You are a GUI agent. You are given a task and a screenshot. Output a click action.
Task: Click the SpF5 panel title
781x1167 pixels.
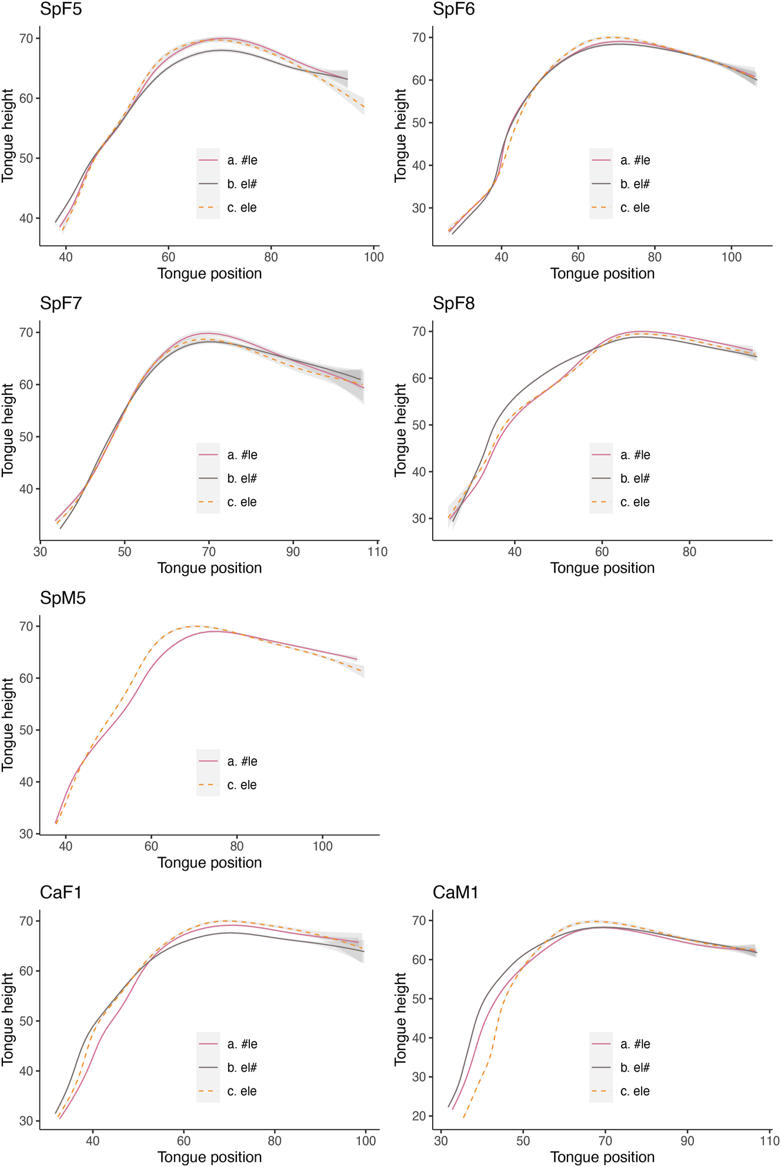[61, 9]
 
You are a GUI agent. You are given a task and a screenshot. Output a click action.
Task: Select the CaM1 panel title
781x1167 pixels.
[455, 892]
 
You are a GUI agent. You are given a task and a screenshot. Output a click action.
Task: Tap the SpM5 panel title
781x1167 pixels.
[62, 598]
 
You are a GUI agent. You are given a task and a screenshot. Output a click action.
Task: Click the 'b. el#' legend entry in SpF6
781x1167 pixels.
[635, 184]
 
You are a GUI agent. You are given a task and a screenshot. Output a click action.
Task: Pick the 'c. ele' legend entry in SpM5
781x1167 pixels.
[242, 785]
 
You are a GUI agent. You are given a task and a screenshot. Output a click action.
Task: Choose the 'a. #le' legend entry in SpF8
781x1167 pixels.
[635, 455]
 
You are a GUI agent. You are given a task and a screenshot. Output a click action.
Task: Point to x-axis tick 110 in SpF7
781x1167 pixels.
[378, 551]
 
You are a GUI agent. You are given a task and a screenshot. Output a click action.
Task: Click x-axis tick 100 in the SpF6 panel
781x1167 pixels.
[732, 257]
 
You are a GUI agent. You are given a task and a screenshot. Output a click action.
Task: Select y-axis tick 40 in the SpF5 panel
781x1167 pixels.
[26, 218]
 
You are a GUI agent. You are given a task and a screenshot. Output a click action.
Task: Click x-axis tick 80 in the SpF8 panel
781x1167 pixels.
[689, 551]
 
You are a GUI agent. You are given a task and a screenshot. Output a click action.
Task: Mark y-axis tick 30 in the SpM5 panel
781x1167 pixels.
[26, 834]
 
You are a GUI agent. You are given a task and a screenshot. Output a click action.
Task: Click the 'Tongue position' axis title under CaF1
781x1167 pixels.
[209, 1157]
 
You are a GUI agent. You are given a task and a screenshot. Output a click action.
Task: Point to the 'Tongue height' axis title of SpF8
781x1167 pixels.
[400, 430]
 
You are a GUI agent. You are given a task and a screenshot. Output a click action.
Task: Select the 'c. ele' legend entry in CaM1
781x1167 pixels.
[635, 1091]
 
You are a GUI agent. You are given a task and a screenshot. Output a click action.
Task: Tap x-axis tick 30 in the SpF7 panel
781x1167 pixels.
[40, 551]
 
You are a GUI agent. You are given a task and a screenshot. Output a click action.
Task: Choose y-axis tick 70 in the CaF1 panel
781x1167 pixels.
[26, 921]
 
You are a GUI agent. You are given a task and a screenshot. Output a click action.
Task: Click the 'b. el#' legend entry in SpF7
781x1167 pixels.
[242, 479]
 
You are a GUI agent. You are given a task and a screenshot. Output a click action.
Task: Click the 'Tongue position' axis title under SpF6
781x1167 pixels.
[602, 273]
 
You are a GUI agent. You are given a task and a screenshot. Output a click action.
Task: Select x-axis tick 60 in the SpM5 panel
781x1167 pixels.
[151, 846]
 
